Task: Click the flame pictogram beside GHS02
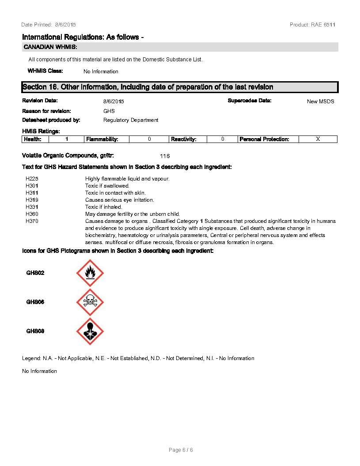coord(90,273)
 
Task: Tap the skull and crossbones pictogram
coord(90,302)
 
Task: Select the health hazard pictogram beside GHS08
coord(90,331)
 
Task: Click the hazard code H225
coord(32,179)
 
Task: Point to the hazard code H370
coord(32,221)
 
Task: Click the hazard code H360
coord(32,214)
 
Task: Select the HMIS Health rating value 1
coord(67,139)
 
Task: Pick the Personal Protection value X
coord(318,139)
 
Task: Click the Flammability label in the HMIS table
coord(102,139)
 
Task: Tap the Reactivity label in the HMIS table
coord(183,139)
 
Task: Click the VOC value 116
coord(165,156)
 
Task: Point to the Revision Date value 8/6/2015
coord(114,101)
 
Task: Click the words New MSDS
coord(320,101)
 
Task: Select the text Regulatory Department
coord(131,120)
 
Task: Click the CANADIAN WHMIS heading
coord(50,47)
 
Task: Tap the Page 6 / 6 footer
coord(181,450)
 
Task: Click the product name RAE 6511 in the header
coord(323,25)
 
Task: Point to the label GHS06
coord(35,302)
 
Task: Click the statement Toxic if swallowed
coord(107,186)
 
